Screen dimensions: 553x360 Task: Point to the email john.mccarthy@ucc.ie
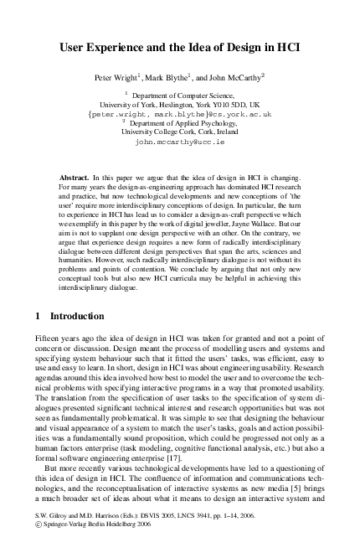point(179,142)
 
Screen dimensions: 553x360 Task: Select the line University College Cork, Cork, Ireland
point(179,132)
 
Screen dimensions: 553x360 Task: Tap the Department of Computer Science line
point(184,96)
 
